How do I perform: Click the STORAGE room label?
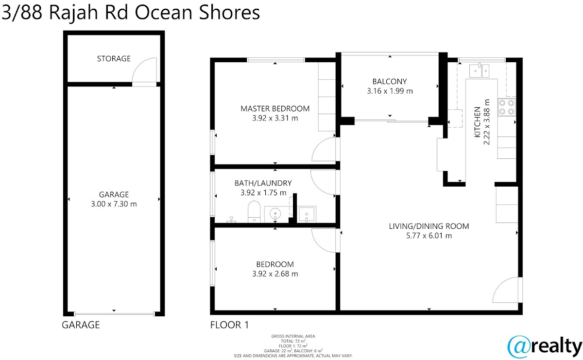click(114, 59)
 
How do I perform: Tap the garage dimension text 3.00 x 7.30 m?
click(114, 204)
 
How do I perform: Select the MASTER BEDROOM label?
click(275, 108)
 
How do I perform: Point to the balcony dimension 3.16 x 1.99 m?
click(390, 91)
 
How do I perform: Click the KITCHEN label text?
click(477, 122)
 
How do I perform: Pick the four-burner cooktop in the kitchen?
click(507, 107)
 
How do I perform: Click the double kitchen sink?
click(480, 70)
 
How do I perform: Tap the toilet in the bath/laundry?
click(254, 212)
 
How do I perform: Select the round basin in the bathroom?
click(275, 214)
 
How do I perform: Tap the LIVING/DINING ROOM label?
click(429, 226)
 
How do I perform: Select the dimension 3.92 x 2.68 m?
click(275, 274)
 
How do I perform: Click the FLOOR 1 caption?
click(229, 325)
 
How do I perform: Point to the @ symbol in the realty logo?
click(519, 347)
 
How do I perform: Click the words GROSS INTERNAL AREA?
click(293, 336)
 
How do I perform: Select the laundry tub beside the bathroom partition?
click(307, 214)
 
